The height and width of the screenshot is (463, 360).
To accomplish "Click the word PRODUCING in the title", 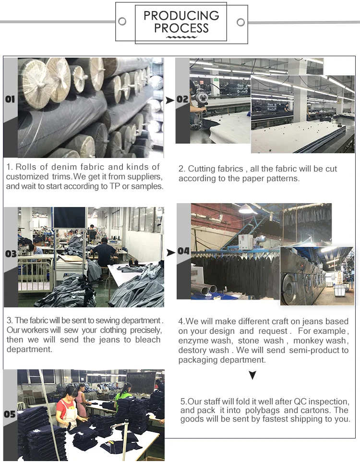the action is click(181, 15).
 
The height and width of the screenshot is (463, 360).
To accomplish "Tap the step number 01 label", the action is click(10, 99).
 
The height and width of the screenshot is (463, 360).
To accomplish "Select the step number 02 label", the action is click(182, 99).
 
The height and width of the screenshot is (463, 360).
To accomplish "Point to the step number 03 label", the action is click(11, 254).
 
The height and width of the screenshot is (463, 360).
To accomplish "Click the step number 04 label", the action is click(183, 251).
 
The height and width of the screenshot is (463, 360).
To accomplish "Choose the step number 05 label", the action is click(10, 414).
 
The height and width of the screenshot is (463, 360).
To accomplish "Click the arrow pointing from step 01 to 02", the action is click(169, 100).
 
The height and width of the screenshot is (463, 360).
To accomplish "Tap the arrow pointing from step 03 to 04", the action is click(171, 253).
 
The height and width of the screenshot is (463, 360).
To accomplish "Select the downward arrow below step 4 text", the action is click(252, 375).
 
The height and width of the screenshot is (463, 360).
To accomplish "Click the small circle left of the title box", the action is click(122, 21).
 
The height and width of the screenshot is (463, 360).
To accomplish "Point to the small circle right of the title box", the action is click(241, 22).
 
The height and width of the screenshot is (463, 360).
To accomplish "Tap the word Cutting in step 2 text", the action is click(201, 169).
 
